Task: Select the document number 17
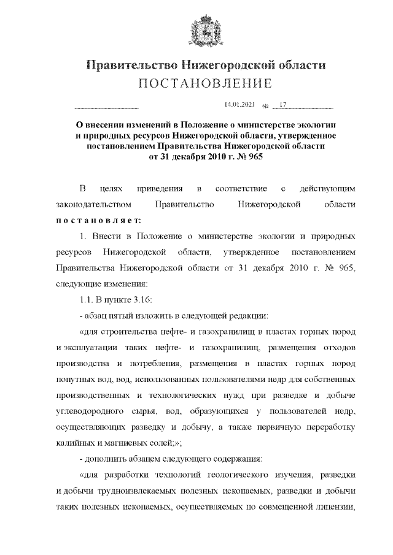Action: tap(283, 105)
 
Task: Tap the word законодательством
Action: tap(93, 204)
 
